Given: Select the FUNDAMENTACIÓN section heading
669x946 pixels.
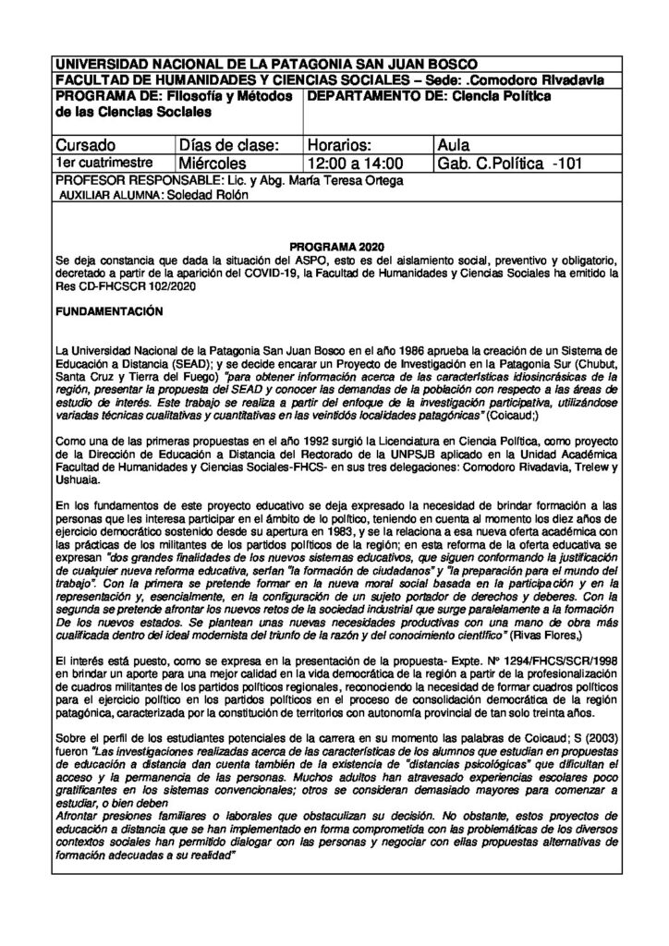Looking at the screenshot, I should pos(108,314).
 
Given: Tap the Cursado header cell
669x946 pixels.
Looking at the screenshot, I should pos(86,146).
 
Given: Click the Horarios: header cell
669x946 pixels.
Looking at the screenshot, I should pos(339,146).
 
